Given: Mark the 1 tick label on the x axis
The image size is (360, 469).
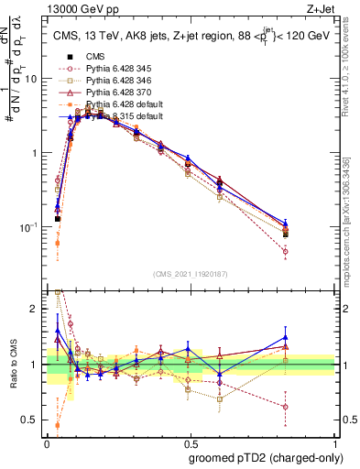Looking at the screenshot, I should [x=335, y=442].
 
